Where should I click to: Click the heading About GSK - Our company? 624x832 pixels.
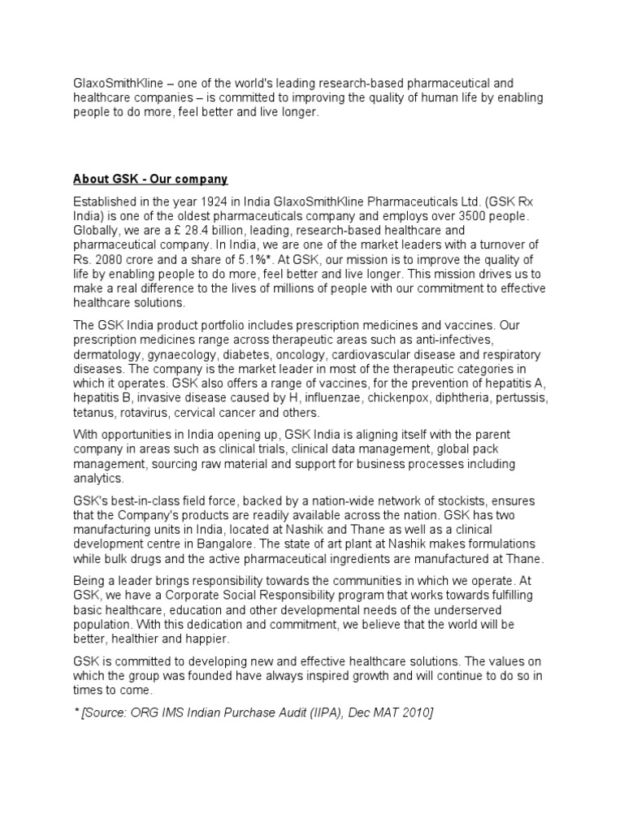tap(150, 179)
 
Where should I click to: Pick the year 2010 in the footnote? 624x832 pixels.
tap(416, 712)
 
